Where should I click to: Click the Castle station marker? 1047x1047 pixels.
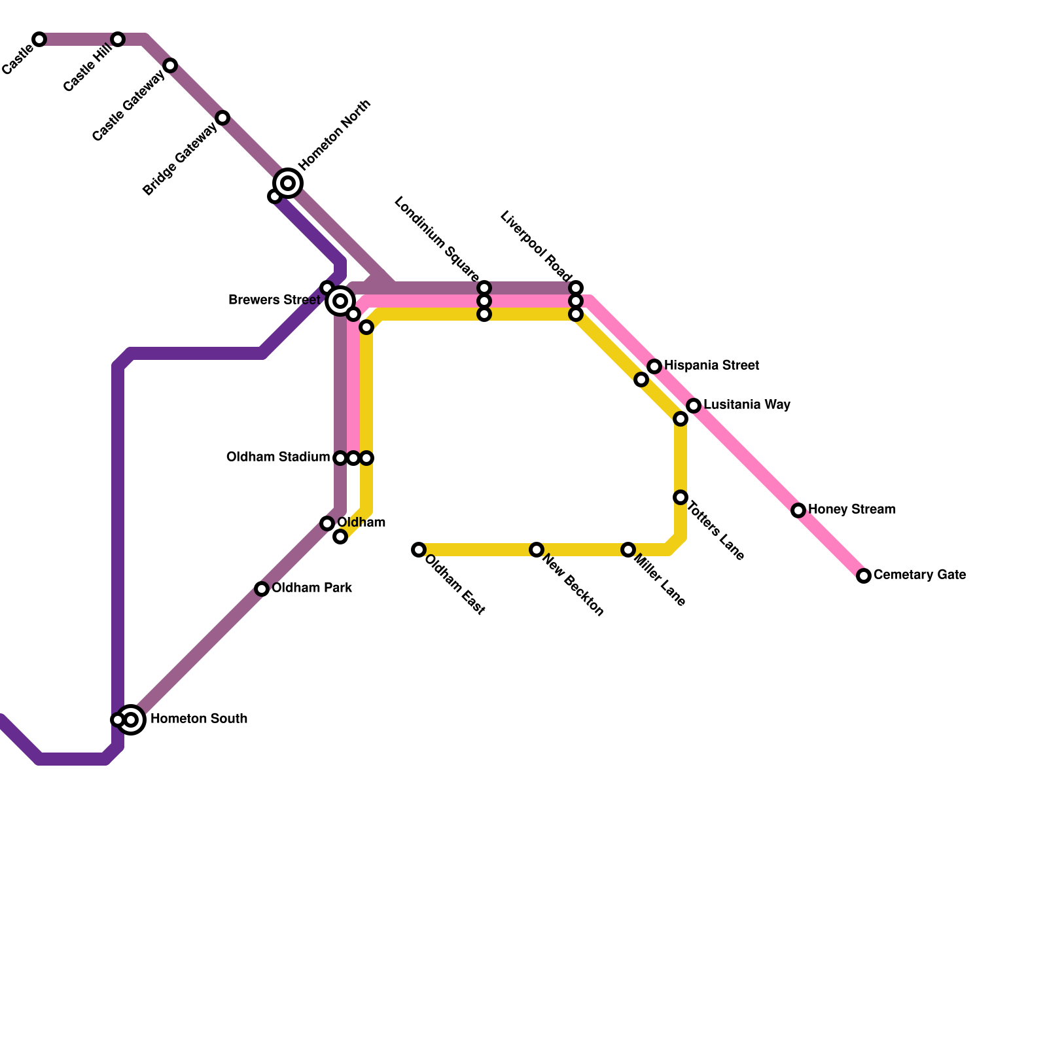[x=39, y=39]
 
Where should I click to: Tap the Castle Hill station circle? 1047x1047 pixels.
[x=118, y=39]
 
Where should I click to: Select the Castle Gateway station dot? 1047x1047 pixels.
[x=170, y=65]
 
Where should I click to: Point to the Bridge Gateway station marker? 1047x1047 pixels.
[x=222, y=118]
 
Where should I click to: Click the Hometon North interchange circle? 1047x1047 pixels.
[x=288, y=183]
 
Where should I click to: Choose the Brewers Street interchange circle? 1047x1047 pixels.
[x=340, y=301]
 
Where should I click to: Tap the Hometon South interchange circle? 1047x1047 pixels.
[x=131, y=720]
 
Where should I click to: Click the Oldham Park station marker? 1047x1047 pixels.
[x=262, y=589]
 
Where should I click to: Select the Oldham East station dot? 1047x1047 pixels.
[x=419, y=550]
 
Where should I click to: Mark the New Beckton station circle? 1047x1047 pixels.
[x=537, y=550]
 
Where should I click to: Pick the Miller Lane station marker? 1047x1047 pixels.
[x=628, y=550]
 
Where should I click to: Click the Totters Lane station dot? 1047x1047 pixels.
[x=681, y=497]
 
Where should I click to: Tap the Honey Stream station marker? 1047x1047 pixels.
[x=798, y=510]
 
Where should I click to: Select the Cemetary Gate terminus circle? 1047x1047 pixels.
[x=864, y=576]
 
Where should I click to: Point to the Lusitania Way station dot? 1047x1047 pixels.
[x=694, y=406]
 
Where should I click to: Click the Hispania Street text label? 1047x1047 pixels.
[x=711, y=365]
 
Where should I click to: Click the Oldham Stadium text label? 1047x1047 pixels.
[x=278, y=457]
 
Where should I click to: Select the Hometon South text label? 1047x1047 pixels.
[x=199, y=719]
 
